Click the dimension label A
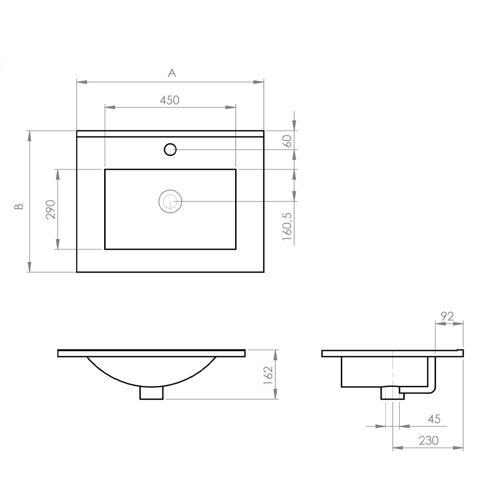(172, 73)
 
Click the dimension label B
(19, 206)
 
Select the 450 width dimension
(169, 100)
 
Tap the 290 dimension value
(51, 209)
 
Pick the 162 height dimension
(268, 375)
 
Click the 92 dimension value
(448, 316)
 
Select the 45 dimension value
(434, 420)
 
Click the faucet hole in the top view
(170, 149)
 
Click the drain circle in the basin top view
(170, 201)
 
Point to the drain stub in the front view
(152, 393)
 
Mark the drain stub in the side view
(392, 393)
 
